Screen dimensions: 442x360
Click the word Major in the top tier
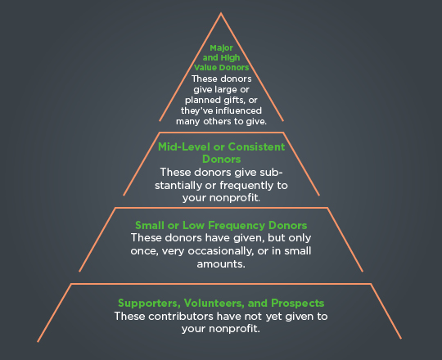coord(221,48)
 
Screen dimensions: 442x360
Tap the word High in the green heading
coord(230,58)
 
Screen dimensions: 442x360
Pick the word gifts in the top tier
coord(235,101)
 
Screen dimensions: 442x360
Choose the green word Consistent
coord(256,146)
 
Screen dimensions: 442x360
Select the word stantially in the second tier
coord(178,186)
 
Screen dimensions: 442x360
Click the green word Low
coord(193,225)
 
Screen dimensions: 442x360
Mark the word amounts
coord(221,264)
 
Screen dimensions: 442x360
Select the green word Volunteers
coord(214,304)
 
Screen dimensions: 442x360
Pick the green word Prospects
coord(297,304)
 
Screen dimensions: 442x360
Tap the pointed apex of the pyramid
coord(221,12)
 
